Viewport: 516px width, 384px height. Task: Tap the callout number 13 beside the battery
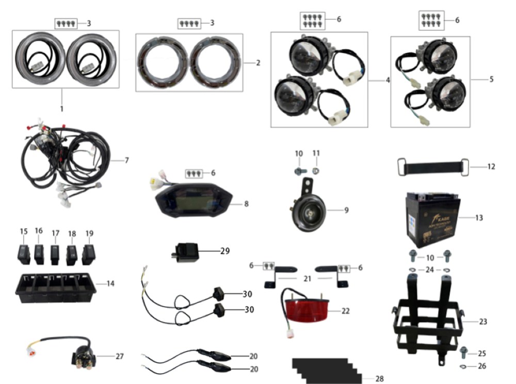click(479, 218)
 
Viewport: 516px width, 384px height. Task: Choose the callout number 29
click(224, 251)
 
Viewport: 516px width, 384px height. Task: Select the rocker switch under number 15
click(24, 252)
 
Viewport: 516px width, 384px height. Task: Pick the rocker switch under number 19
click(89, 252)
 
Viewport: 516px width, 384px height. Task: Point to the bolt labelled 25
click(463, 353)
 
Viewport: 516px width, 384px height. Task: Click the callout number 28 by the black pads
click(379, 379)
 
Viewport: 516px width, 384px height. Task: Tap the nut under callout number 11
click(316, 170)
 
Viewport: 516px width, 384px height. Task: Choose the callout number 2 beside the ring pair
click(258, 63)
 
